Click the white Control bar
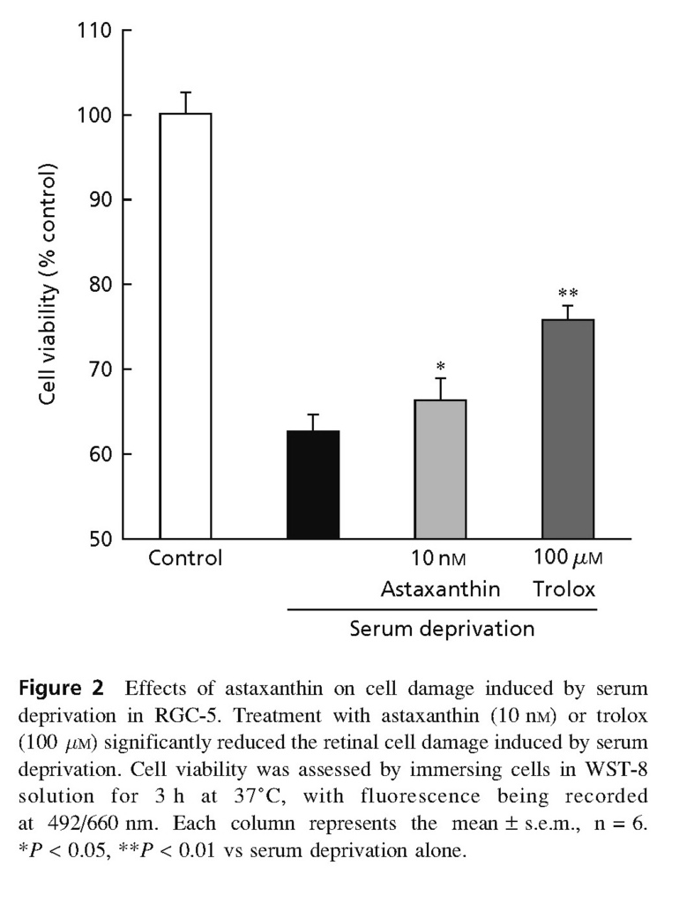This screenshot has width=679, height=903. coord(185,325)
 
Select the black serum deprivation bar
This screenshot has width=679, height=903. coord(313,484)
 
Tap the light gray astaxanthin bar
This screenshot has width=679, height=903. coord(440,468)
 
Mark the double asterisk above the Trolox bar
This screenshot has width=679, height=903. coord(568,294)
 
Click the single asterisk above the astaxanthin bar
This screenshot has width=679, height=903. coord(440,366)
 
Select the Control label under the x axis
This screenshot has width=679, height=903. coord(185,559)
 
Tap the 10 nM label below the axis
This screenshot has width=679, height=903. coord(440,559)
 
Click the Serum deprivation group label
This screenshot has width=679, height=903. coord(442,630)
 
